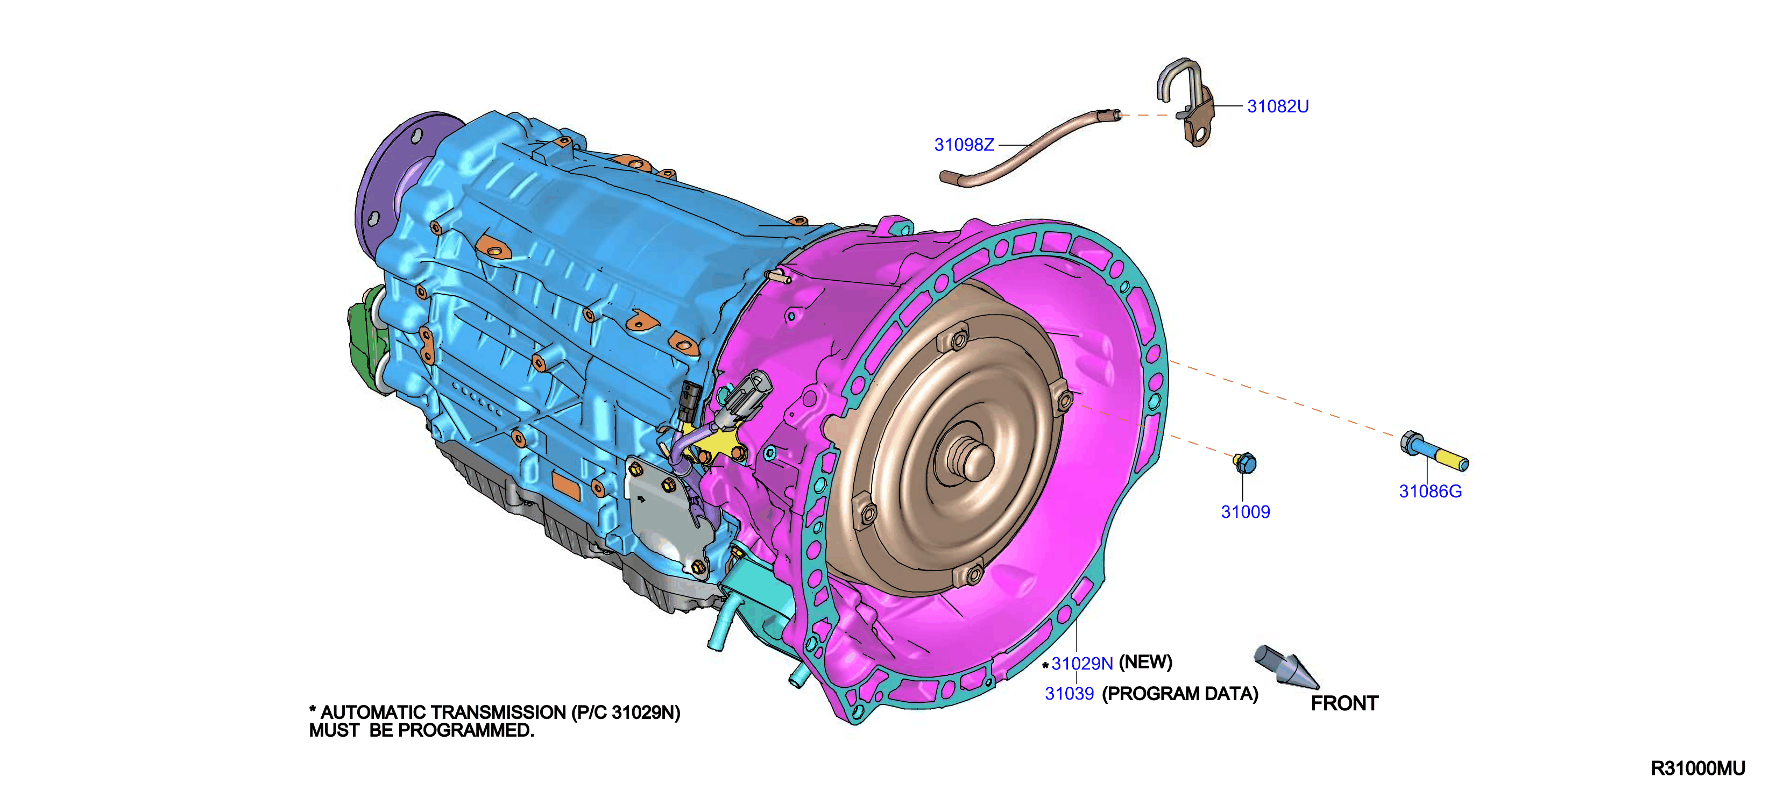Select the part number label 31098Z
tap(964, 145)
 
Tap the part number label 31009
tap(1245, 512)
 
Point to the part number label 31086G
tap(1430, 491)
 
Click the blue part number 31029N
tap(1082, 664)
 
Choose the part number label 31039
tap(1070, 694)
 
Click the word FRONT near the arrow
tap(1345, 703)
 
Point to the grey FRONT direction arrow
tap(1285, 666)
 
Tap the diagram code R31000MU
tap(1697, 769)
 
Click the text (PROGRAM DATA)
tap(1180, 694)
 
